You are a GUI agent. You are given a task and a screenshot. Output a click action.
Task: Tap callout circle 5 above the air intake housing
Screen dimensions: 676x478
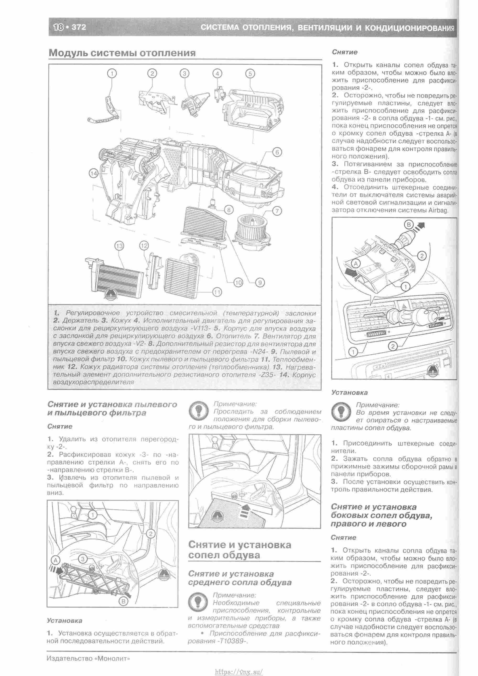250,73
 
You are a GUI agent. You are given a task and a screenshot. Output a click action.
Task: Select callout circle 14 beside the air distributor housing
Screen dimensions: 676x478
94,174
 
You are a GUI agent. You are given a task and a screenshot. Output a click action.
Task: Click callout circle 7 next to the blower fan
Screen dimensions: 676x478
277,211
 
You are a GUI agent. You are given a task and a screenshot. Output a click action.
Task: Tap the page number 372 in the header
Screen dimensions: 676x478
79,27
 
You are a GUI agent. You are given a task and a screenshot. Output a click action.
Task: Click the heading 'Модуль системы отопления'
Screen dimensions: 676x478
122,53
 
